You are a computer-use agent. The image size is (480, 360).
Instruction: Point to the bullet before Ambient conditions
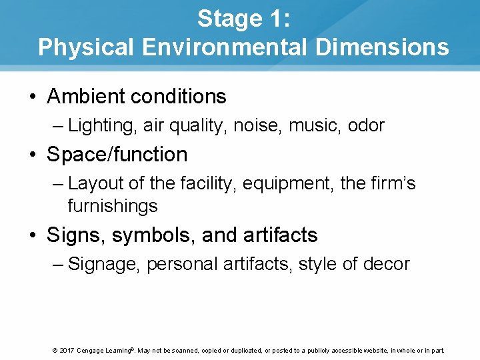(32, 97)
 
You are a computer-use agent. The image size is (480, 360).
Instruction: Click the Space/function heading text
(117, 155)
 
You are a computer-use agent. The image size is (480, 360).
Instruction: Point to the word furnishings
(112, 206)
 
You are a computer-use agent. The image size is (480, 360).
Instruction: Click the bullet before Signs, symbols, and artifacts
(32, 235)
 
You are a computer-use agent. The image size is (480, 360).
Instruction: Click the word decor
(386, 264)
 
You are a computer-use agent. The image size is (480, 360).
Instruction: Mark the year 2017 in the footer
(66, 351)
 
